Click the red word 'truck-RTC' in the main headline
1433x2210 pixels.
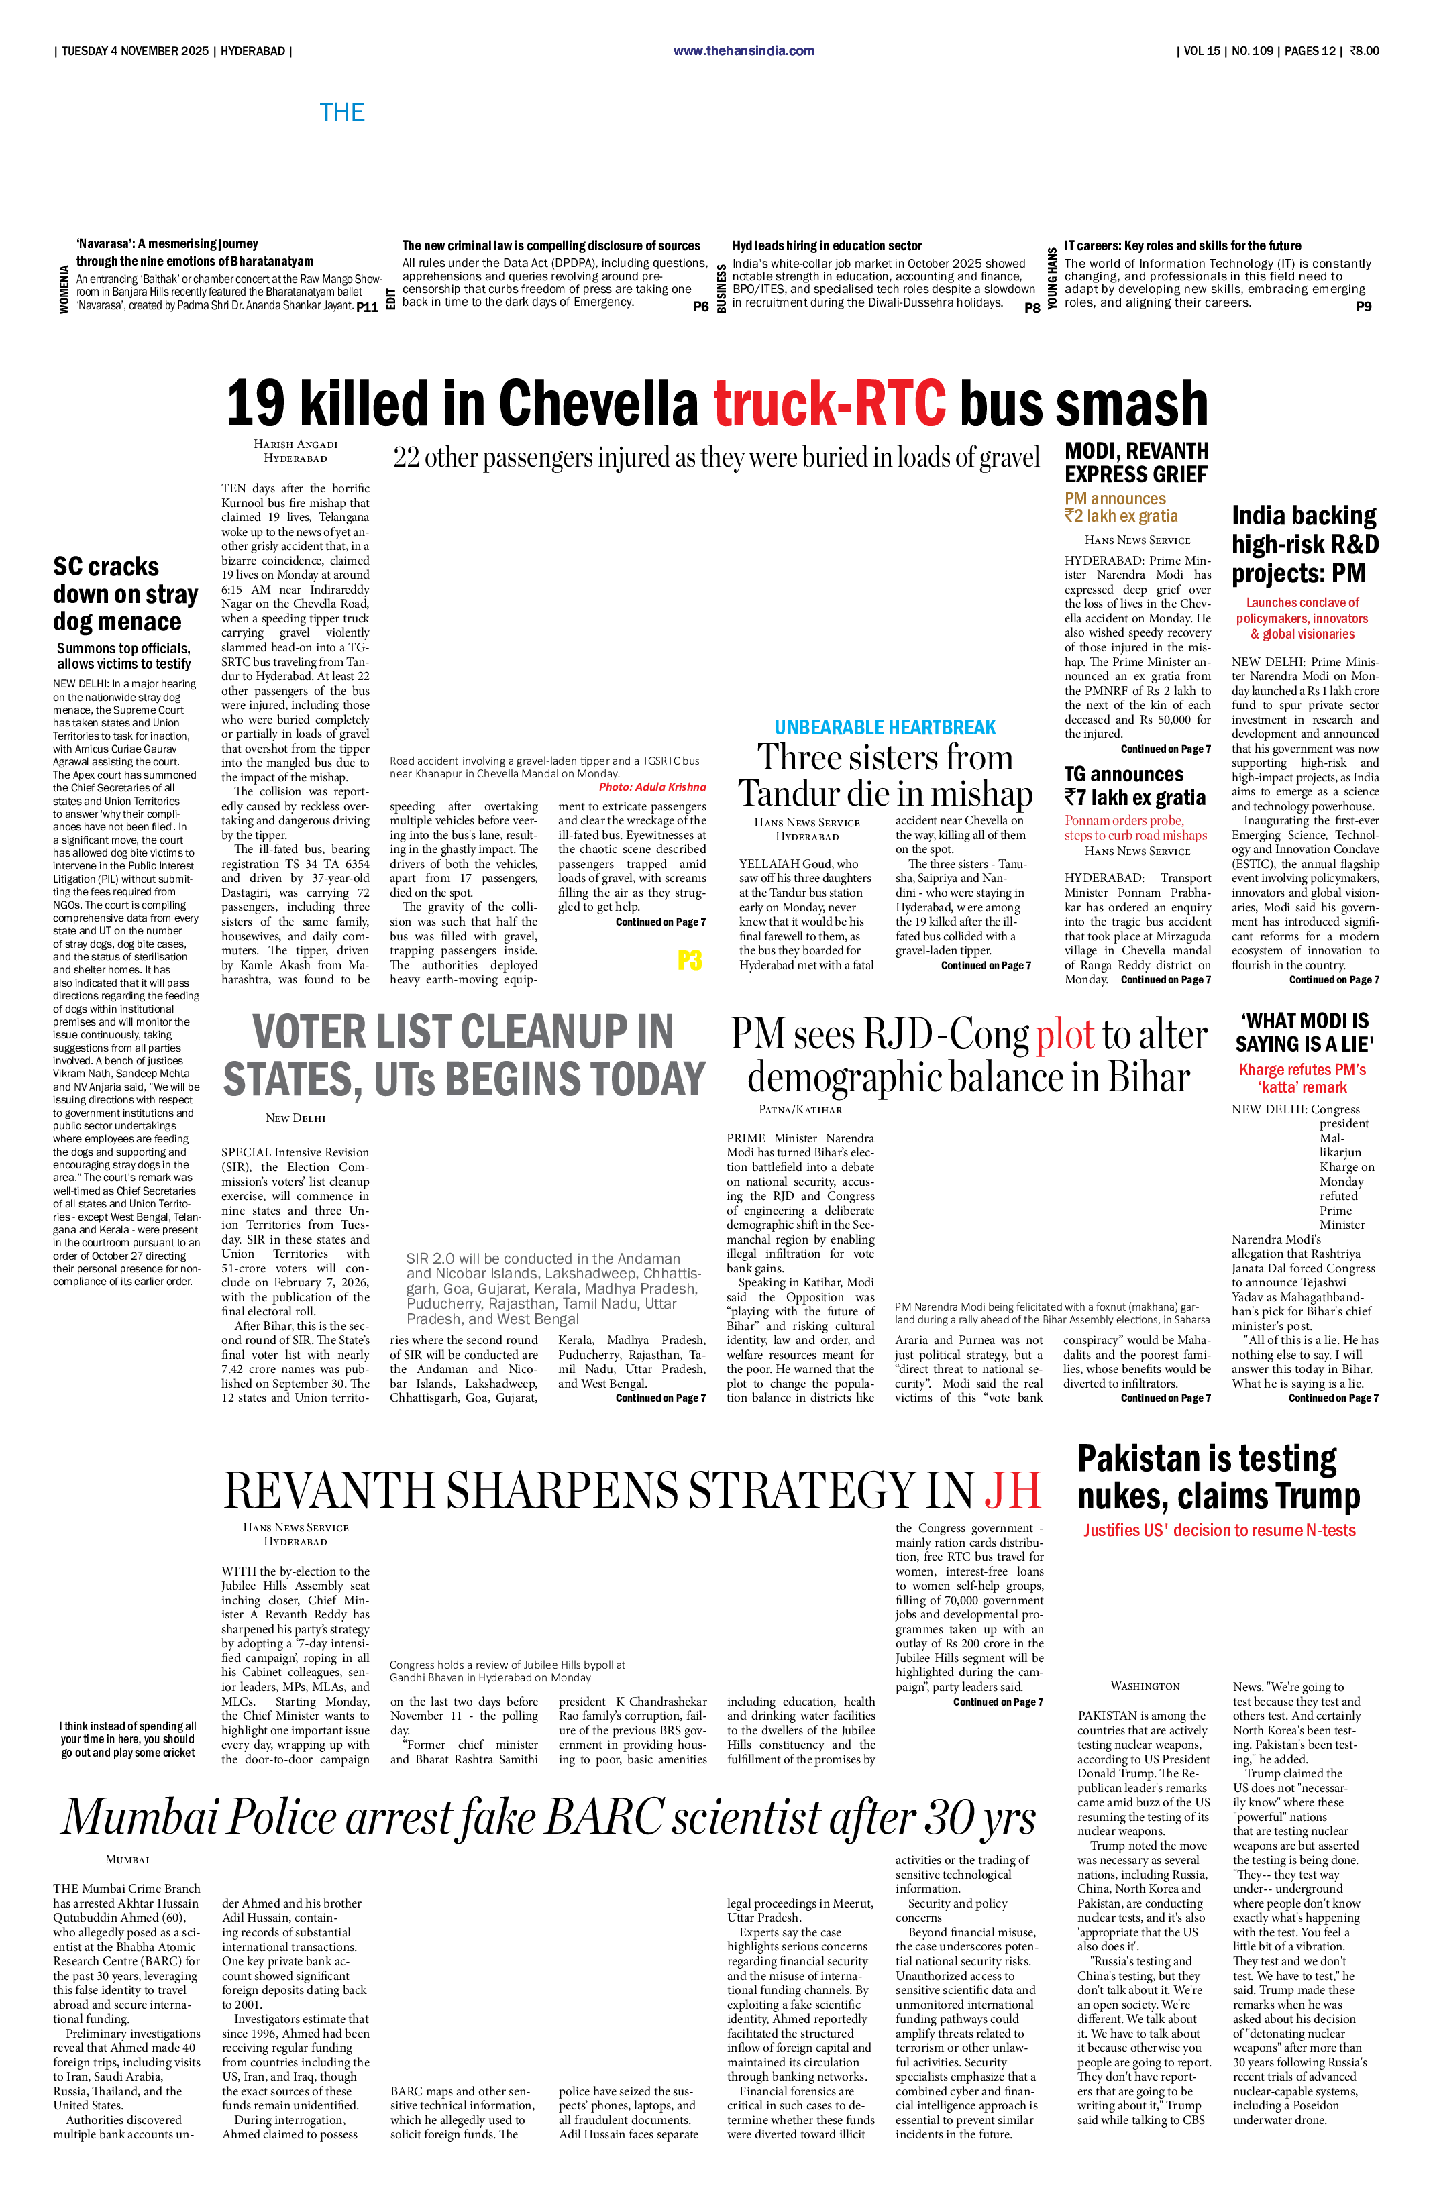(x=829, y=404)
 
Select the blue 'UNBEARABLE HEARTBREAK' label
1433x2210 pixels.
(x=885, y=727)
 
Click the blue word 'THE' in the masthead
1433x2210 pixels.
(x=341, y=113)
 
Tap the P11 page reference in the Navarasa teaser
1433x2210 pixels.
(x=368, y=307)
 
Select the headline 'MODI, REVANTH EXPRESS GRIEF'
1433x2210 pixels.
(x=1136, y=462)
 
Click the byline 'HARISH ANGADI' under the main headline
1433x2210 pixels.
(x=295, y=445)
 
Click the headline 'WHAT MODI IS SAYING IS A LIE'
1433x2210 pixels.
(x=1304, y=1032)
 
